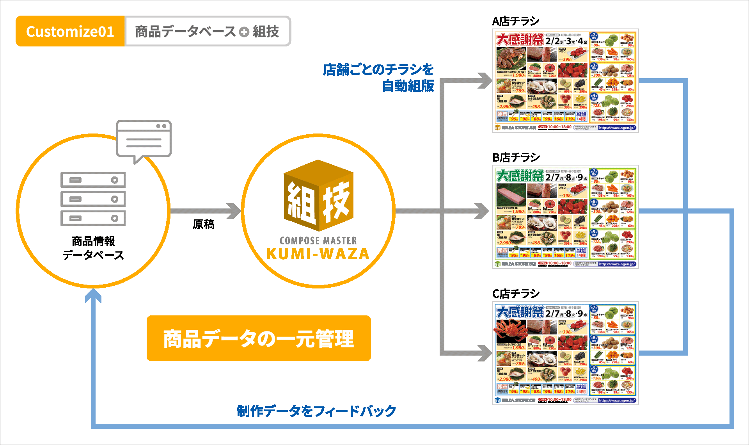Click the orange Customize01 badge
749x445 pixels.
(x=70, y=31)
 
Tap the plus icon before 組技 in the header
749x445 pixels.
(x=244, y=32)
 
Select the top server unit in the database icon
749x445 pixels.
(x=93, y=180)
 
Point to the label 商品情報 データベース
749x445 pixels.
(x=93, y=248)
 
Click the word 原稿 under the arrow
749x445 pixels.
(x=203, y=224)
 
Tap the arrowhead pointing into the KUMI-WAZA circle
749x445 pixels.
(x=235, y=211)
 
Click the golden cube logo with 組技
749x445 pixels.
(x=318, y=195)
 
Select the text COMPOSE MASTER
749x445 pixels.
(x=318, y=240)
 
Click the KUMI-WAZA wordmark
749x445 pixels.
(x=318, y=254)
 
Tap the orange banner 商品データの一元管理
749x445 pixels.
(x=259, y=338)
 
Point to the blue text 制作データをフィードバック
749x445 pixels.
(x=316, y=411)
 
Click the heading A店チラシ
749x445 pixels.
(x=516, y=21)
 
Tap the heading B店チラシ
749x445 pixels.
(x=516, y=157)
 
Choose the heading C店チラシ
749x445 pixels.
(x=516, y=294)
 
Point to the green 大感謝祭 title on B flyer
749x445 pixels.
(x=520, y=176)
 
